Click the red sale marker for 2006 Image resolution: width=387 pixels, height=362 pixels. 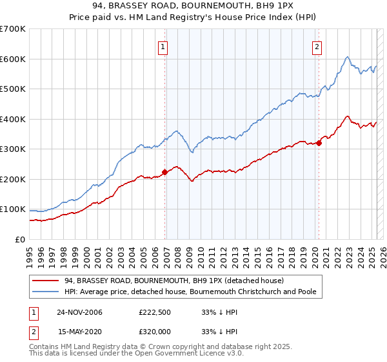coord(164,172)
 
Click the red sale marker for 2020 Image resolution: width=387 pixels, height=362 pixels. coord(319,143)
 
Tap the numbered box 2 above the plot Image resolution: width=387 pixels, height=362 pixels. coord(317,47)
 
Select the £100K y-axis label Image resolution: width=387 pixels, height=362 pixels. coord(12,209)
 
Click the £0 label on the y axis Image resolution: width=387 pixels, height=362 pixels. coord(20,239)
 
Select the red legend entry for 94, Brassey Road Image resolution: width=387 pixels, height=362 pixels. coord(178,280)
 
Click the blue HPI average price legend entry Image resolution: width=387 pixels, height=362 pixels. coord(190,292)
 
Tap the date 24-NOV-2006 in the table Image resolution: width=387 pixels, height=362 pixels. coord(79,312)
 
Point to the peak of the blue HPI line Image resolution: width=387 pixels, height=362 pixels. coord(347,57)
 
